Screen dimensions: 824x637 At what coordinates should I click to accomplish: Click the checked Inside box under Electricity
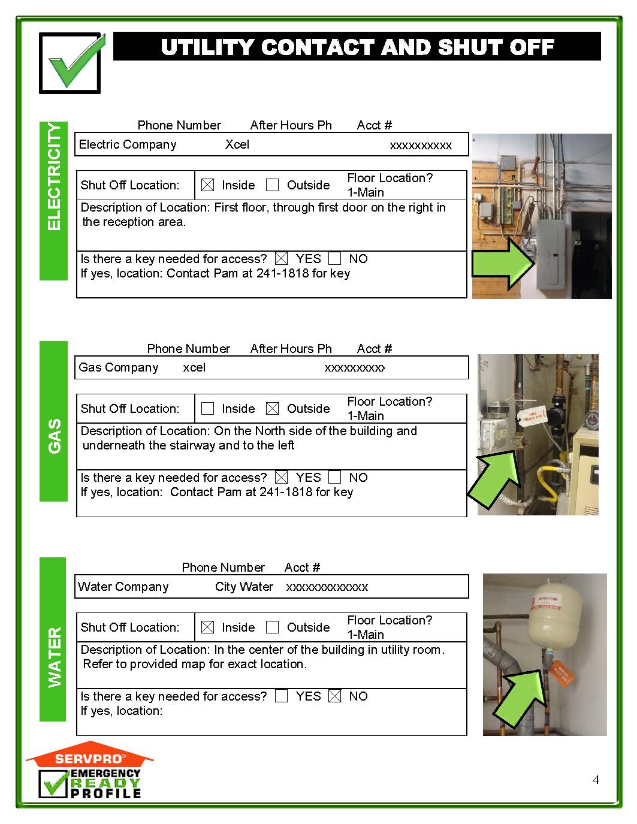[207, 185]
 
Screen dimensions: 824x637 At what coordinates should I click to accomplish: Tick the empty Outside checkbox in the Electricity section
[272, 185]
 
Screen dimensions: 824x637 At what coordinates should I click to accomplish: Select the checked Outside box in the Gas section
[272, 409]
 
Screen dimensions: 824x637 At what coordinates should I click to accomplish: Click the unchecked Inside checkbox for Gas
[207, 409]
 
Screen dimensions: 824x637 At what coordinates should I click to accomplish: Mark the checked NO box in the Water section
[335, 696]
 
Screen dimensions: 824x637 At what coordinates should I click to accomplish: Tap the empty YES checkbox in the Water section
[281, 696]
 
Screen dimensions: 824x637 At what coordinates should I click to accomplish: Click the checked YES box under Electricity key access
[281, 259]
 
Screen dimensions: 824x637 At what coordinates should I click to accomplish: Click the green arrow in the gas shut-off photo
[494, 476]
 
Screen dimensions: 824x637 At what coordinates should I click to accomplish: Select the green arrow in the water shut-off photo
[518, 698]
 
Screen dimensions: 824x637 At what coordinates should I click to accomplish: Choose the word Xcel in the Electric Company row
[237, 144]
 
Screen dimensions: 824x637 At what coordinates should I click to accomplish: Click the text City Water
[244, 587]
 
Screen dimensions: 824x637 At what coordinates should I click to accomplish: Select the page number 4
[596, 780]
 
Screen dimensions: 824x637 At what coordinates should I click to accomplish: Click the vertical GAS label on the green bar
[54, 436]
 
